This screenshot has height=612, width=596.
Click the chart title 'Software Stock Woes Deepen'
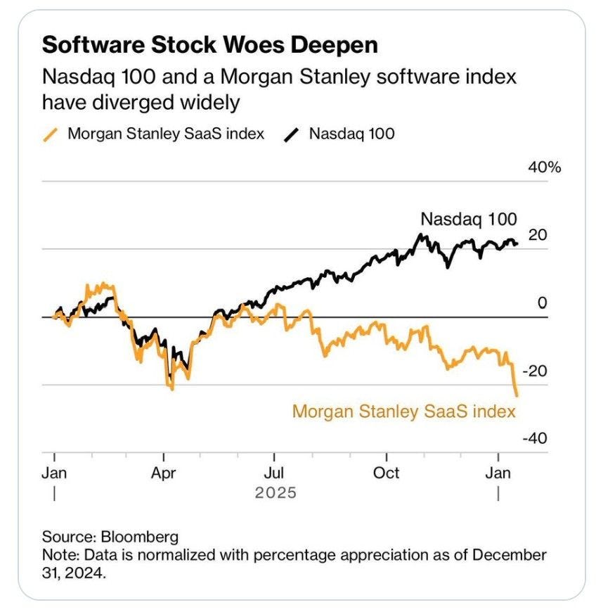[210, 46]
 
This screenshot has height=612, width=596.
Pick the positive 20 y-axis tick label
[537, 235]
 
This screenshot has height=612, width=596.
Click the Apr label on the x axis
[164, 473]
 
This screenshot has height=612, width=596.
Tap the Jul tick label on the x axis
[275, 473]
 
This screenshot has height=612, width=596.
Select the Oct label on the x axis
[386, 473]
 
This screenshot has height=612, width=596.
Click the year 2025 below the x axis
[276, 492]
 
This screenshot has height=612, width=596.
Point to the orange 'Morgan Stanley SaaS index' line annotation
[404, 410]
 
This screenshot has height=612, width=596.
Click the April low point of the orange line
[171, 388]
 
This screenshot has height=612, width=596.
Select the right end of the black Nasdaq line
[518, 244]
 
